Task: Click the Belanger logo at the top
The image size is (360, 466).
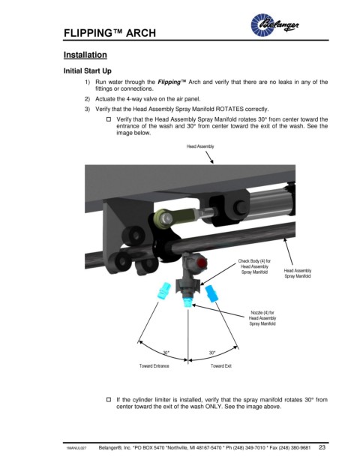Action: point(274,24)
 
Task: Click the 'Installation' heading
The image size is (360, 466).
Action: point(85,55)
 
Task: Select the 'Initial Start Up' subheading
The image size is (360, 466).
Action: point(88,71)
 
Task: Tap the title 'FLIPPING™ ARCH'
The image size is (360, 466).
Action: point(109,33)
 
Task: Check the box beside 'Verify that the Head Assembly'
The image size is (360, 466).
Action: point(109,119)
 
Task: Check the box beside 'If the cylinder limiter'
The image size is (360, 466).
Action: point(109,399)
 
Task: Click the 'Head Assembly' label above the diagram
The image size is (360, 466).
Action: point(200,146)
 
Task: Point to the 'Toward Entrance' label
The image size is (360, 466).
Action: point(154,366)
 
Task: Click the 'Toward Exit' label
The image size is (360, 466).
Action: point(221,366)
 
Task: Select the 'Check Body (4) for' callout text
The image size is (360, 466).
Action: point(254,261)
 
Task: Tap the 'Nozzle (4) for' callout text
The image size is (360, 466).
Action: point(262,313)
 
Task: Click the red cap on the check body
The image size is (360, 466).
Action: point(202,263)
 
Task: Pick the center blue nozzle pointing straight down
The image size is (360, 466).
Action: point(187,302)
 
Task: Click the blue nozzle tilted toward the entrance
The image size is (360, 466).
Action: point(163,291)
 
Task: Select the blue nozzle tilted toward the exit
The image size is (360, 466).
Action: point(211,293)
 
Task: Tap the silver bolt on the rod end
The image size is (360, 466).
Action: point(166,219)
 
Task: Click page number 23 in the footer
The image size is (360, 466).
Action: point(322,447)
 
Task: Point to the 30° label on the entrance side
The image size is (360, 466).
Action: point(166,353)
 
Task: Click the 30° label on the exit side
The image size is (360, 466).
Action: point(211,353)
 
